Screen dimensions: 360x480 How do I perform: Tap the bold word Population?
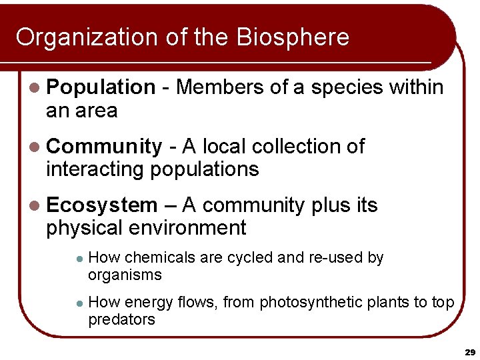101,87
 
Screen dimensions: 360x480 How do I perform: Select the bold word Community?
104,147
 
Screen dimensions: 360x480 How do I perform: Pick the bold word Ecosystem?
102,205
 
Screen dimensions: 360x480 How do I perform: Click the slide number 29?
469,351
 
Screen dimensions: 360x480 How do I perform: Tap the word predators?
121,319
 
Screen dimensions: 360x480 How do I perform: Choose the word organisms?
125,275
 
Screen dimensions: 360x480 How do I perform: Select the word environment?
188,228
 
